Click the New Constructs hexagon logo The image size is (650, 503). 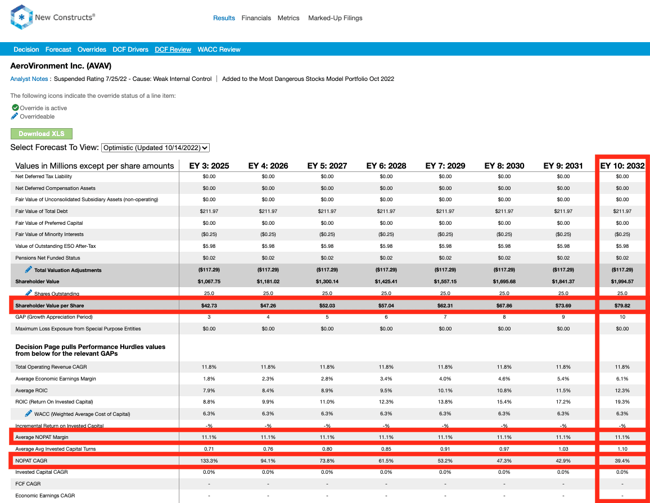21,17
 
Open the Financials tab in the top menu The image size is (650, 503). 256,18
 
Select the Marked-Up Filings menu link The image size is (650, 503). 335,18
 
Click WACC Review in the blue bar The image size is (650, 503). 219,49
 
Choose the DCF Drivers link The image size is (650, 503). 130,49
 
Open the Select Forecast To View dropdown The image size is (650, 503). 155,148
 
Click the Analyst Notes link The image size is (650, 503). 29,79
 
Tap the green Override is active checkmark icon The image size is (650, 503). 15,108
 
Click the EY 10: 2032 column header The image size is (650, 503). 622,166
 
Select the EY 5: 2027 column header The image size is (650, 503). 327,166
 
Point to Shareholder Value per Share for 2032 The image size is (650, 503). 622,306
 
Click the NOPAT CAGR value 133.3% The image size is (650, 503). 209,461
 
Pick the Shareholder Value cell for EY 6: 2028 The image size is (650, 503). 386,282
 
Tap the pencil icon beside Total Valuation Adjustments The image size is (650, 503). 28,270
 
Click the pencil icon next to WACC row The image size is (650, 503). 28,414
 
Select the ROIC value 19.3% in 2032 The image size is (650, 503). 622,402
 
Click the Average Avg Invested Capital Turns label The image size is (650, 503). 56,449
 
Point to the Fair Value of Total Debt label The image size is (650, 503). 42,211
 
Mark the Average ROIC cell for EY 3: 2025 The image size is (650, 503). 209,391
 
